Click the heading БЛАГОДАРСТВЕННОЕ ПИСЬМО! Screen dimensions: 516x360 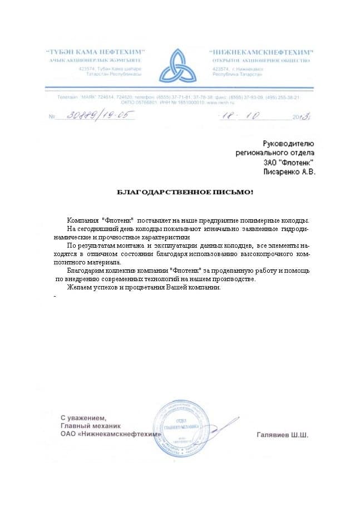pyautogui.click(x=184, y=192)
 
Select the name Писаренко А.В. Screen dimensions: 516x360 pyautogui.click(x=289, y=173)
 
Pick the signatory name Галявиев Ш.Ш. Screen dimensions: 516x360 pyautogui.click(x=282, y=435)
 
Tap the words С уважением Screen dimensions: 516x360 pyautogui.click(x=83, y=417)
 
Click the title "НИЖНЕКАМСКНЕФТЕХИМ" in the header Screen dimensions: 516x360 pyautogui.click(x=263, y=52)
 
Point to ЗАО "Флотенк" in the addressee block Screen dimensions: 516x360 pyautogui.click(x=289, y=163)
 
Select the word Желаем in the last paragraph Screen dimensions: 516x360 pyautogui.click(x=78, y=287)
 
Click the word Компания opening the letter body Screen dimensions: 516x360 pyautogui.click(x=83, y=221)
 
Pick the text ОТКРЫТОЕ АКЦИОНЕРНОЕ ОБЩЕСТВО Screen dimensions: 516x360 pyautogui.click(x=262, y=60)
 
